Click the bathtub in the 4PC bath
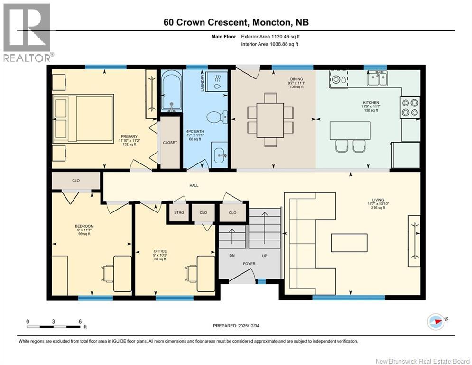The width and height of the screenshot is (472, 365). pos(171,90)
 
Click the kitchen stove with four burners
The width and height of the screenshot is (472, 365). pos(409,106)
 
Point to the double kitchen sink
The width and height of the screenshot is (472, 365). pos(377,78)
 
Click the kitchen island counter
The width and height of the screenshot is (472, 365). pos(350,130)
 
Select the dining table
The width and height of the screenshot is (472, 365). pos(270,119)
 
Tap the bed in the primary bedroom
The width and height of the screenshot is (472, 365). pos(83,117)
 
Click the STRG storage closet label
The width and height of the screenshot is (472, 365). pos(179,212)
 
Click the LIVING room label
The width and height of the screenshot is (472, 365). pos(378,200)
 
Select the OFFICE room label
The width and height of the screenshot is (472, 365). pos(160,251)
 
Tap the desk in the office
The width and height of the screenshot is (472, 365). pos(205,273)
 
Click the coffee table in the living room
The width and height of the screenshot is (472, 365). pos(349,242)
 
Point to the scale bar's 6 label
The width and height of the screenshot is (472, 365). pos(79,321)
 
